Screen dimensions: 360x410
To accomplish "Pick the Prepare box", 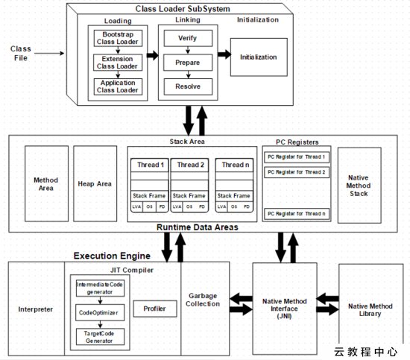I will pyautogui.click(x=188, y=63).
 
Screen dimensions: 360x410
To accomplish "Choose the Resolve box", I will pyautogui.click(x=188, y=86).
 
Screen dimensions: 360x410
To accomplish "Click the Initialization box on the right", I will pyautogui.click(x=259, y=57).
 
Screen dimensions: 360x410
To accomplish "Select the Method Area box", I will pyautogui.click(x=46, y=183).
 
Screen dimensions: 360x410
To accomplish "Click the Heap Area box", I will pyautogui.click(x=95, y=183).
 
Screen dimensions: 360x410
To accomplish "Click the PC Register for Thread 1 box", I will pyautogui.click(x=297, y=157).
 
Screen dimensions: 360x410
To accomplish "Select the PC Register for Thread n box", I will pyautogui.click(x=297, y=214).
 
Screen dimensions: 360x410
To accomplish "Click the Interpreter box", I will pyautogui.click(x=36, y=309).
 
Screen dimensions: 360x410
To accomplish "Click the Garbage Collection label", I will pyautogui.click(x=203, y=299).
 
